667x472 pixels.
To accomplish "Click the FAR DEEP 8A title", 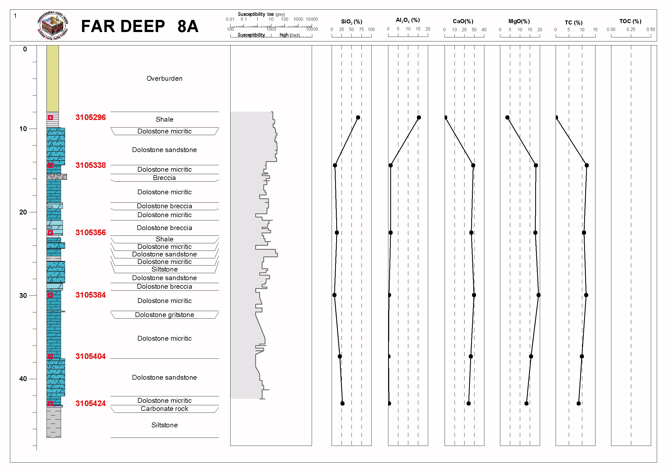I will click(x=140, y=26).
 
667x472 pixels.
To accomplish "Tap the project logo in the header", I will click(x=53, y=26).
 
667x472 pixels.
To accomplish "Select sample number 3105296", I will click(x=91, y=117).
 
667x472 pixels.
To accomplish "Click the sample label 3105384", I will click(x=91, y=295).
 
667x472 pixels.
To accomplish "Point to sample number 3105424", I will click(x=91, y=403).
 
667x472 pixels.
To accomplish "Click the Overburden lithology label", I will click(x=164, y=79).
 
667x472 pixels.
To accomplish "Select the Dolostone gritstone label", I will click(x=164, y=315).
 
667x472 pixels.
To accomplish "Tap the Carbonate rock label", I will click(x=164, y=409).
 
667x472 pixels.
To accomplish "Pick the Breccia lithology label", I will click(x=164, y=178).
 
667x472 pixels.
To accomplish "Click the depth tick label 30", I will click(x=23, y=295).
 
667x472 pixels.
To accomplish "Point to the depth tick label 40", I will click(x=23, y=379).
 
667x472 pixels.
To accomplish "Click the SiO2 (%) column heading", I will click(x=352, y=22).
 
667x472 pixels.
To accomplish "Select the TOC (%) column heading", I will click(x=630, y=21).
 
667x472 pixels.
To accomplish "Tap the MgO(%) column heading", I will click(x=519, y=21).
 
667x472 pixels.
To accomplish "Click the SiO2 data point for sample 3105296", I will click(x=358, y=117).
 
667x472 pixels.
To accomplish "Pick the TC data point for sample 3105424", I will click(x=579, y=403).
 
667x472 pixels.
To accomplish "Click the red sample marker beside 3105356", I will click(x=51, y=233).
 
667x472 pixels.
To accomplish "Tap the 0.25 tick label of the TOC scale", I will click(x=631, y=29).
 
